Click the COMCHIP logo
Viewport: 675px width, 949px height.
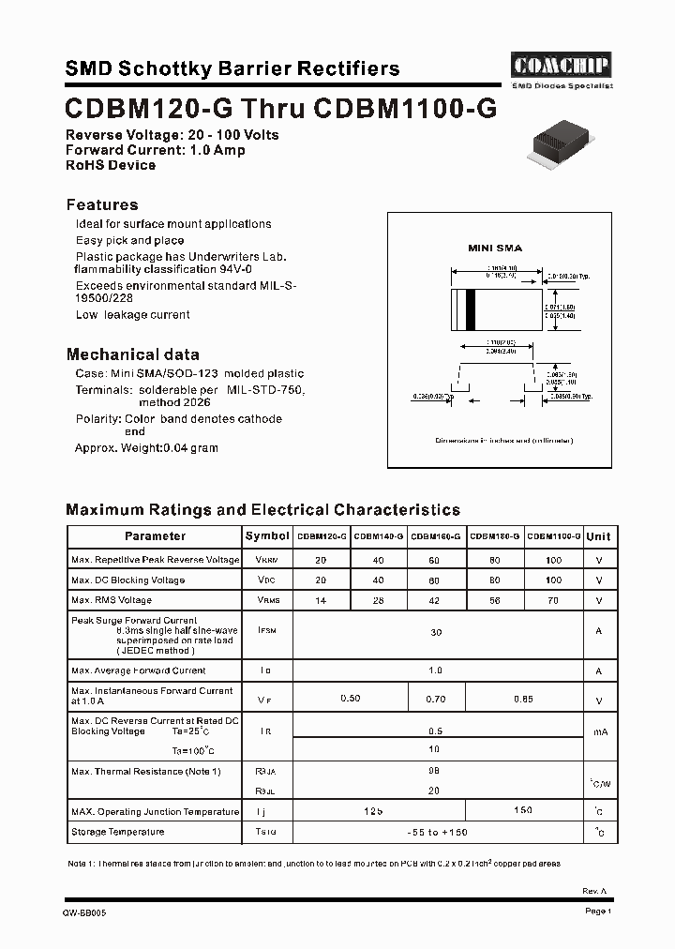(562, 65)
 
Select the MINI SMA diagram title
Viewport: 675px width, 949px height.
(495, 249)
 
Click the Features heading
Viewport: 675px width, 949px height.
(102, 204)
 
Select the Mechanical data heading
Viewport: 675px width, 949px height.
(132, 354)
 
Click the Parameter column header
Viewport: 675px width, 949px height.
(155, 536)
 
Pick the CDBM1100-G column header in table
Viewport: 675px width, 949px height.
(554, 536)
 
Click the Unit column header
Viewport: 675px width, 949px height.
(598, 536)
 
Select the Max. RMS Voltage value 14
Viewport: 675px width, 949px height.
(322, 600)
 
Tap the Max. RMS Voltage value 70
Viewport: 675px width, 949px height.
(554, 600)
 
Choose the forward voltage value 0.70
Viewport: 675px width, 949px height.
(436, 699)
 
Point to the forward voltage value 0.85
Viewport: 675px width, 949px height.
(524, 699)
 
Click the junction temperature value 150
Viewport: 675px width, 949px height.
(524, 810)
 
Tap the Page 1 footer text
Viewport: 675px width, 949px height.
(597, 911)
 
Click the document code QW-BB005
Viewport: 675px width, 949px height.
(84, 912)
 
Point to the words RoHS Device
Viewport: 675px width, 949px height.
(111, 165)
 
